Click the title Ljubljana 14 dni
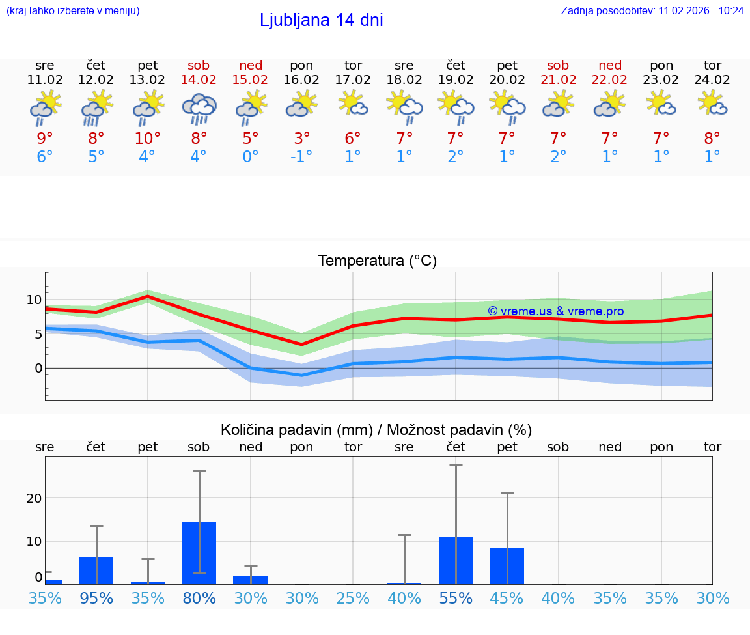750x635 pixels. [321, 20]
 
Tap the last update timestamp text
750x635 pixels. [652, 11]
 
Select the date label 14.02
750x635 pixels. [199, 80]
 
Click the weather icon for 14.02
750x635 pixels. [199, 107]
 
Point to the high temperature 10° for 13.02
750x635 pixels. [147, 138]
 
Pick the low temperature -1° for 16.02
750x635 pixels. [301, 157]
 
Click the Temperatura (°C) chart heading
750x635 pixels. [377, 261]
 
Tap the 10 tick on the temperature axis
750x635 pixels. [34, 300]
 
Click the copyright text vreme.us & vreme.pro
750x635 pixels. [555, 311]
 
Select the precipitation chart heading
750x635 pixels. [376, 430]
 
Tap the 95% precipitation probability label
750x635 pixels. [96, 598]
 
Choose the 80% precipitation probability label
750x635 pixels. [199, 598]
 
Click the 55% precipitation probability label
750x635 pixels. [455, 598]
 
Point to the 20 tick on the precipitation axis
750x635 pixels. [34, 498]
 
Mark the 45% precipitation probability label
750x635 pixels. [507, 598]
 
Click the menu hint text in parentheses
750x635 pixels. [73, 11]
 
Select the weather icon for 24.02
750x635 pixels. [712, 103]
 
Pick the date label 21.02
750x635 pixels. [558, 80]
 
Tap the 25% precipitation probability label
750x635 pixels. [353, 598]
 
